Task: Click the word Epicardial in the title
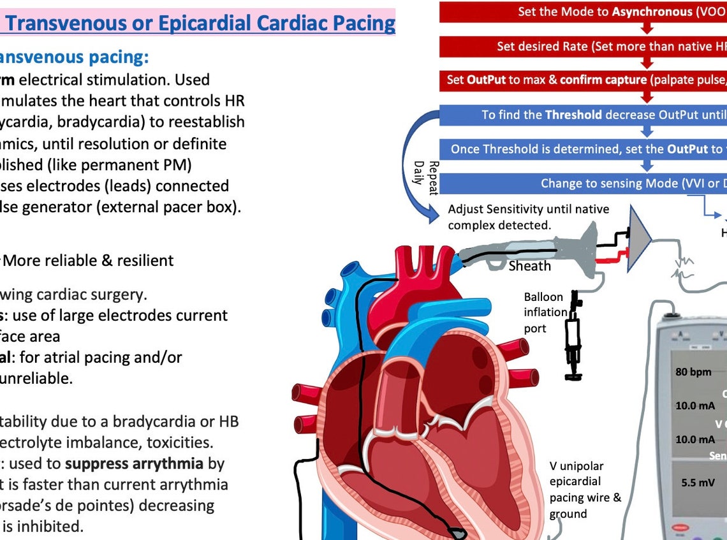(209, 24)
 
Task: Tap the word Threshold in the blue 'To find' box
(573, 115)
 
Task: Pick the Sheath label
(529, 265)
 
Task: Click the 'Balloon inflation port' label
(543, 312)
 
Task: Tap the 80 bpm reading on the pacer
(693, 372)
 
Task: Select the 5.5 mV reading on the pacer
(697, 483)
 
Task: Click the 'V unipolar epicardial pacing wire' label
(584, 490)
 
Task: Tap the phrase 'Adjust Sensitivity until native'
(529, 209)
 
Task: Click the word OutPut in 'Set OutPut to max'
(485, 80)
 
